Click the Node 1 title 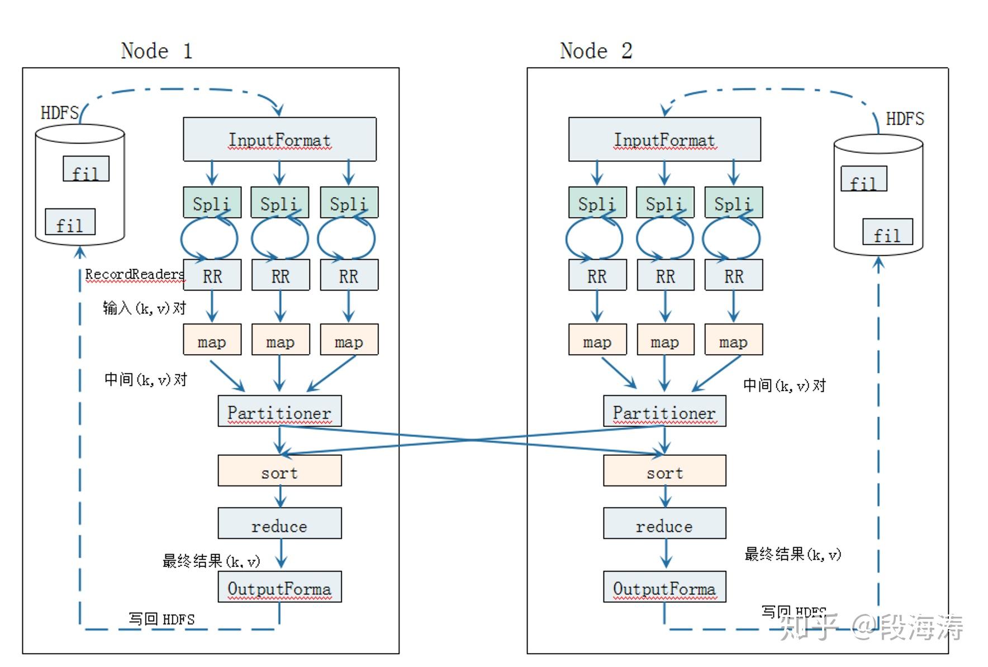click(x=156, y=51)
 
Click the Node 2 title click(x=596, y=51)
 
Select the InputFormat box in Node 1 click(x=279, y=139)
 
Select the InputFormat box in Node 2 click(x=664, y=139)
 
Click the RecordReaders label click(x=134, y=274)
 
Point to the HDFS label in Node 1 click(x=59, y=113)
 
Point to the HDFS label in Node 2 click(x=905, y=119)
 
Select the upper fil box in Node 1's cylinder click(x=85, y=169)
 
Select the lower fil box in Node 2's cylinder click(x=887, y=232)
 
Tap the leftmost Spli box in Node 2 click(x=597, y=202)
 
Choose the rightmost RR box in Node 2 click(x=734, y=275)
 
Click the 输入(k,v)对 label click(x=144, y=308)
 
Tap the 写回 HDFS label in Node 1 click(x=161, y=619)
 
